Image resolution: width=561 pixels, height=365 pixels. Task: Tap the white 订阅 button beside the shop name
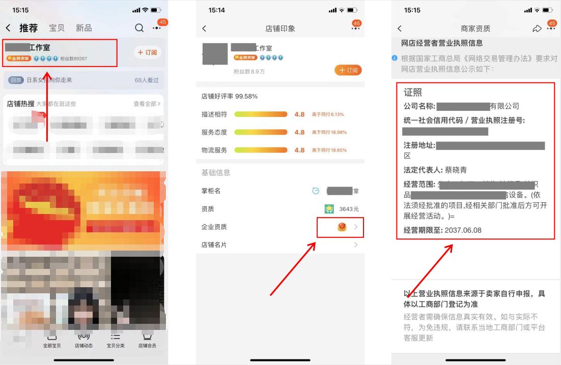point(148,52)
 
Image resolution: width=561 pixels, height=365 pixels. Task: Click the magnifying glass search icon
point(139,28)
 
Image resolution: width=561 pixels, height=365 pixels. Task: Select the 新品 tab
point(83,28)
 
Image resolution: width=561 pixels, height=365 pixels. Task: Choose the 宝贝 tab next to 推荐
point(57,28)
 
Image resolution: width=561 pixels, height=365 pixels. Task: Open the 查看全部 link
point(147,104)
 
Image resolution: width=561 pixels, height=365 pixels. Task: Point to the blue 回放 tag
point(16,80)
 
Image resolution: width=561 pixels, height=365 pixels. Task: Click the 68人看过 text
point(147,80)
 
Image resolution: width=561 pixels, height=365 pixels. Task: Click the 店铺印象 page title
point(280,28)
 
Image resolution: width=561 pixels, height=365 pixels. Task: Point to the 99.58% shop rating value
point(246,96)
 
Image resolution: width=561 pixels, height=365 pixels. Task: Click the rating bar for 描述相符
point(261,114)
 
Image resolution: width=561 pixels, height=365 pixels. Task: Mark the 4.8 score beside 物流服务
point(299,150)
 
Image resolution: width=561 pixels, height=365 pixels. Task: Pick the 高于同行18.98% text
point(329,132)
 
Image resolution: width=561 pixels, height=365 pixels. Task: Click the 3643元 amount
point(349,209)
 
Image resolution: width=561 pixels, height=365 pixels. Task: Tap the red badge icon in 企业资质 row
point(342,227)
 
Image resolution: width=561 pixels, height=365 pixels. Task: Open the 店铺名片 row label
point(214,245)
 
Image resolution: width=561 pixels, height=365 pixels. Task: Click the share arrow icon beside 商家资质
point(537,28)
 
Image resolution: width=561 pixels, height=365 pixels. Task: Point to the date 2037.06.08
point(463,230)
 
